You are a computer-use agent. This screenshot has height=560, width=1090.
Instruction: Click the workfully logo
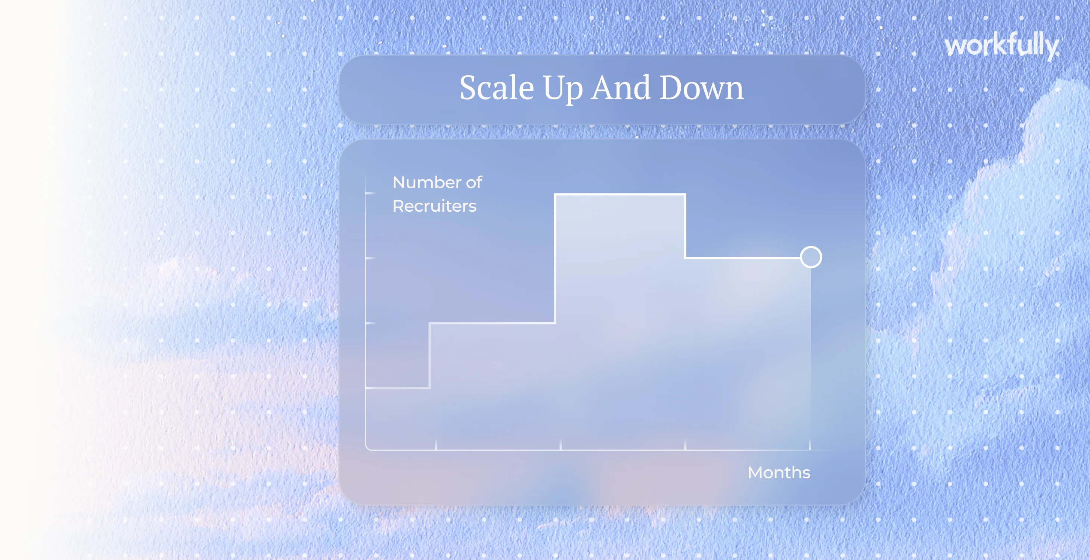[x=1002, y=45]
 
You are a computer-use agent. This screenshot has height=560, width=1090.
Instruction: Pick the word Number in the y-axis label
[x=427, y=182]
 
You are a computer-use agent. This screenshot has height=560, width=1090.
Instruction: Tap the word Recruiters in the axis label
[x=434, y=206]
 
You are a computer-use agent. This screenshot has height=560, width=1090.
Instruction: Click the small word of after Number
[x=474, y=182]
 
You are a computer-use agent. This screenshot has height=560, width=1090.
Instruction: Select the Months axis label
[x=779, y=472]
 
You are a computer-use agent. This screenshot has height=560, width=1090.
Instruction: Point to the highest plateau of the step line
[x=620, y=195]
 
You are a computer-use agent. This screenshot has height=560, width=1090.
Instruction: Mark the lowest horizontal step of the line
[x=398, y=388]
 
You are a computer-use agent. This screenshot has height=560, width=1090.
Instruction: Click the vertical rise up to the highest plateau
[x=555, y=259]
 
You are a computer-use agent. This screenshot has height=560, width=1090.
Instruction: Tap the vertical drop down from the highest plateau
[x=685, y=226]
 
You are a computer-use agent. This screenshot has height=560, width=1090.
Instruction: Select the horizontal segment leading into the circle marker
[x=743, y=257]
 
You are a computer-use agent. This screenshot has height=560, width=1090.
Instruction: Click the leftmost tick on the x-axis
[x=436, y=445]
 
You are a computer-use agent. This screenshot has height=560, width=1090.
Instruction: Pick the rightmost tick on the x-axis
[x=810, y=445]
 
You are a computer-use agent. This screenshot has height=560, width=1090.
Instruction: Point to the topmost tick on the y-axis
[x=370, y=193]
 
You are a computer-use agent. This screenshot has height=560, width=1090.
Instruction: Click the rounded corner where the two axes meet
[x=368, y=448]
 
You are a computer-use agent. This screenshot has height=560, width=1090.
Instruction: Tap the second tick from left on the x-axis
[x=560, y=445]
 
